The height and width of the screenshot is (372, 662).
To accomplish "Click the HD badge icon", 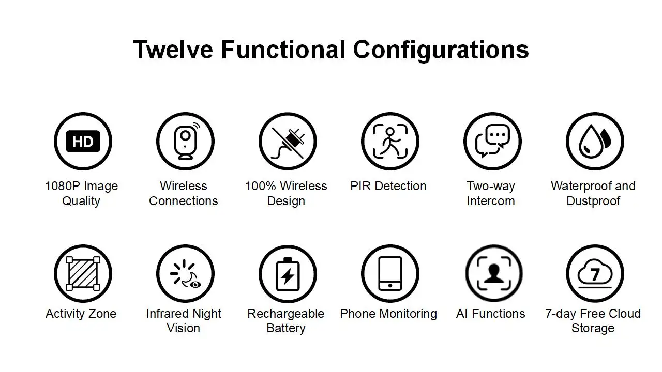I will tap(83, 142).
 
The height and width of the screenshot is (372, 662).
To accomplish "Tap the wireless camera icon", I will tap(185, 142).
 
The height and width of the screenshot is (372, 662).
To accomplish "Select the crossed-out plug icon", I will tap(288, 142).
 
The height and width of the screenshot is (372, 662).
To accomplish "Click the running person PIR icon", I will tap(390, 142).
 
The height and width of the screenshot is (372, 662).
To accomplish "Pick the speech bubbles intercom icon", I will tap(492, 142).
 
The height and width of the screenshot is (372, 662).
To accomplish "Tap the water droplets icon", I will tap(595, 142).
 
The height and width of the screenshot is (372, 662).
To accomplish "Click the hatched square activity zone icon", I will tap(83, 273).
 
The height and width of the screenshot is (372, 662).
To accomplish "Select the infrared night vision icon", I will tap(185, 273).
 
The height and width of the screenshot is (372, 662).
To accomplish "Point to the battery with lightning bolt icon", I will tap(288, 273).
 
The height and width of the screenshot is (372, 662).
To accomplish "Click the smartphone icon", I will tap(390, 273).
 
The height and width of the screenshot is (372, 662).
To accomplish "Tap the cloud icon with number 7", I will tap(595, 273).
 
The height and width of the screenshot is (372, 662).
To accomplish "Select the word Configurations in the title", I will tap(441, 50).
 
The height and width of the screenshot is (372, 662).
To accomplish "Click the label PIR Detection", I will tap(388, 186).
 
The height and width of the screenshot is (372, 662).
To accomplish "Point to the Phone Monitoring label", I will tap(388, 314).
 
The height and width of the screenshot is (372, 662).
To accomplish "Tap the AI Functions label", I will tap(490, 314).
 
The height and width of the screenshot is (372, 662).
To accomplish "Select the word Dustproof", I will tap(593, 201).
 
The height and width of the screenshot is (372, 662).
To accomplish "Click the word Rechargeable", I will tap(285, 314).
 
